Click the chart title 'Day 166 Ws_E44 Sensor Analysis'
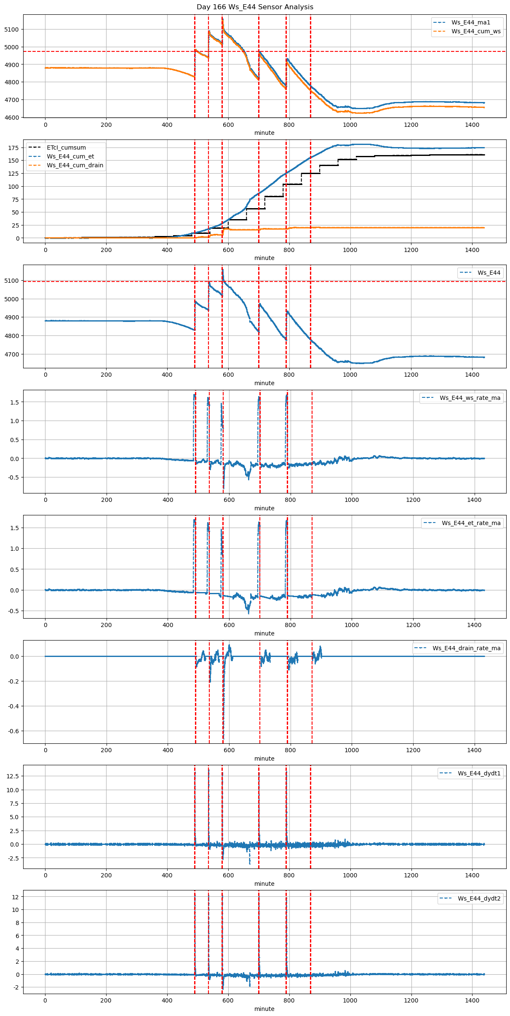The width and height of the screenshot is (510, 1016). (x=255, y=7)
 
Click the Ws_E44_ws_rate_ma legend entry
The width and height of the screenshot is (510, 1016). (x=470, y=398)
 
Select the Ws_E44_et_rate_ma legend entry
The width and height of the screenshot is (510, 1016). (x=471, y=523)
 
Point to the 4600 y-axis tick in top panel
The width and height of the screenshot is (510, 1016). (x=12, y=118)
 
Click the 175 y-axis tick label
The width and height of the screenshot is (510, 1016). (x=14, y=148)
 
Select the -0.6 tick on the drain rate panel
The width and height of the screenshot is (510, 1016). (x=13, y=731)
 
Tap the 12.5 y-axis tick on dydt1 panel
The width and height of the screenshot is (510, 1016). (x=13, y=776)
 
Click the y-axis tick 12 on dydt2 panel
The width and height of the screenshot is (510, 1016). (x=15, y=897)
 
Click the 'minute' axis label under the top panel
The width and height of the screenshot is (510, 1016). (x=264, y=133)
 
